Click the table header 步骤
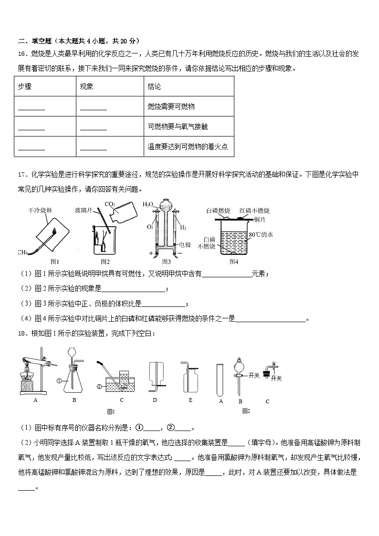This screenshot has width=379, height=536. [24, 86]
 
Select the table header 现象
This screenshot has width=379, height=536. [86, 86]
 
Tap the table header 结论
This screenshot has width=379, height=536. [155, 86]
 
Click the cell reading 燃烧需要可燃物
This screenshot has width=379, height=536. [171, 106]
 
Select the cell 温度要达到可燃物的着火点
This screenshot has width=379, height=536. [188, 147]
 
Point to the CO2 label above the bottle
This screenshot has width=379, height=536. [109, 205]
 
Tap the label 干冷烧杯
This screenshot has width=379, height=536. [40, 210]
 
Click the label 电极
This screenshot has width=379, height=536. [184, 245]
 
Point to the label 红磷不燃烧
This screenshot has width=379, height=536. [254, 210]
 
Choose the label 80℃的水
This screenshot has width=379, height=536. [261, 235]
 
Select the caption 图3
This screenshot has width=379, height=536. [166, 261]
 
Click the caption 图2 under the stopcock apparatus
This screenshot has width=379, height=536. [246, 410]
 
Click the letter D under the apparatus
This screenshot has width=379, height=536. [155, 400]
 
